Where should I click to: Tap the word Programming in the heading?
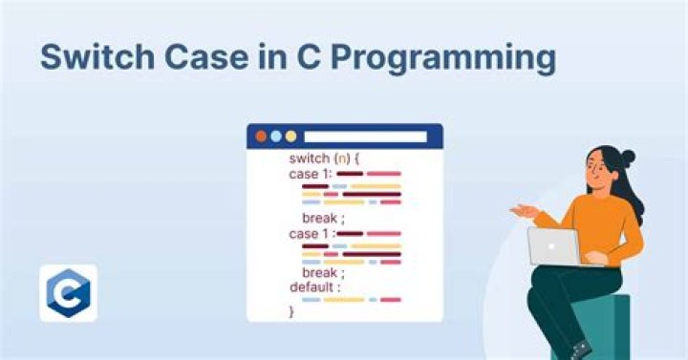(448, 59)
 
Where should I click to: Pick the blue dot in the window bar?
(275, 137)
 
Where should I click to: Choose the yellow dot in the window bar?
(290, 137)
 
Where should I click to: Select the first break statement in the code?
(322, 218)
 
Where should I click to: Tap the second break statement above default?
(322, 273)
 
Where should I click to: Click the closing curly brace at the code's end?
(291, 311)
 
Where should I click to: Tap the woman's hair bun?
(627, 158)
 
